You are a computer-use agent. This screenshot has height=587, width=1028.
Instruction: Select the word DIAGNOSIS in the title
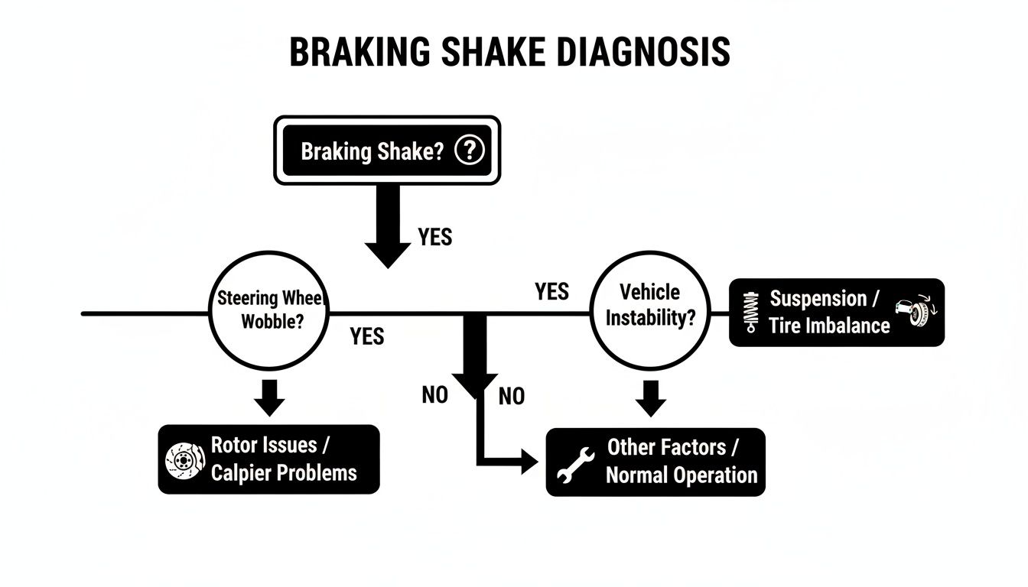point(639,52)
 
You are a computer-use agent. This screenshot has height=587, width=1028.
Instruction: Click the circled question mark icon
point(469,151)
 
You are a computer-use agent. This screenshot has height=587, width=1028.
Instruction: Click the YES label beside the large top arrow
point(435,238)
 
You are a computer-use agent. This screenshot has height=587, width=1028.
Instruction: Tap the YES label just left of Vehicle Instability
point(551,291)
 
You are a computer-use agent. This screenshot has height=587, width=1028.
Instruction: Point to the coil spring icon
point(753,313)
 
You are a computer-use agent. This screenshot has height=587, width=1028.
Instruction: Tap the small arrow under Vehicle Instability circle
point(650,397)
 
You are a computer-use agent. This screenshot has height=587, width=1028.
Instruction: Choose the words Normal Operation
point(681,475)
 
